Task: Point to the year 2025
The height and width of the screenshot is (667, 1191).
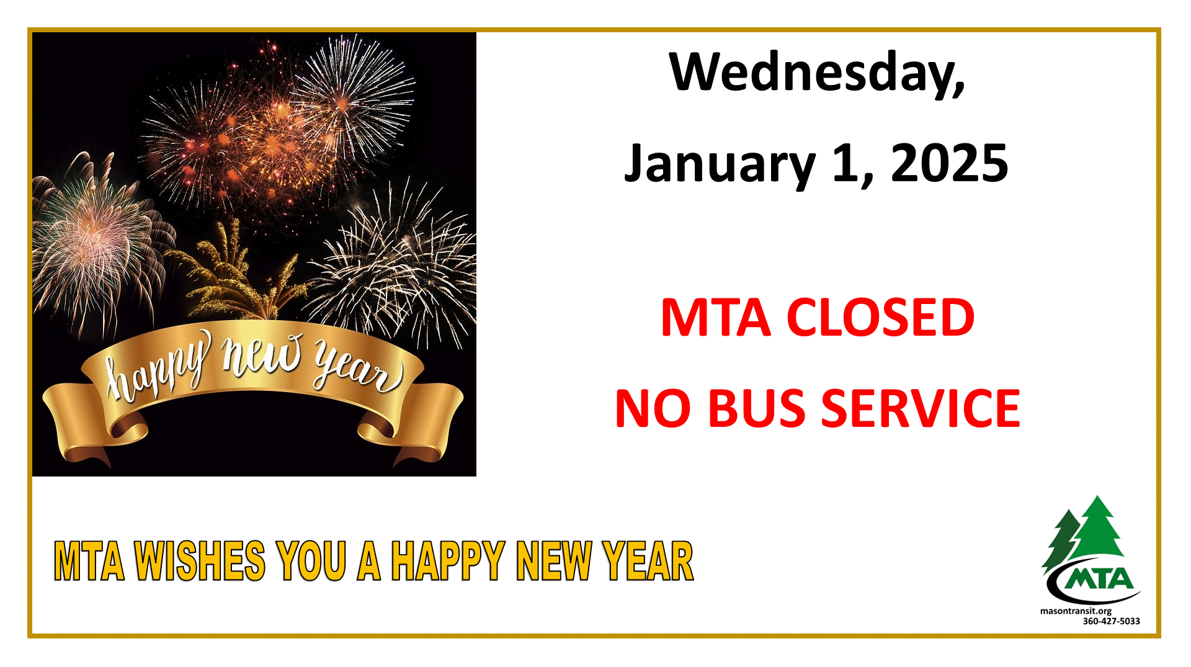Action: (950, 163)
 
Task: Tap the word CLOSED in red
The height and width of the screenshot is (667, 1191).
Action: (880, 317)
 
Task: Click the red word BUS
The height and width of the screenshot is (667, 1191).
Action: (756, 408)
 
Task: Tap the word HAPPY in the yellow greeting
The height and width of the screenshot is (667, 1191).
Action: (447, 561)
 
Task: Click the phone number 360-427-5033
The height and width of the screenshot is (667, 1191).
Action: (1111, 621)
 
